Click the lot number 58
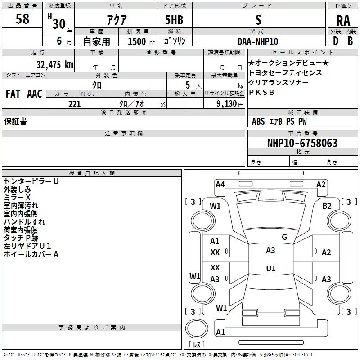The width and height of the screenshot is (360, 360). pyautogui.click(x=22, y=18)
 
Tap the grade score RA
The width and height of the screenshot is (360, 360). pyautogui.click(x=343, y=21)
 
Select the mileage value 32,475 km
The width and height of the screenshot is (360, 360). pyautogui.click(x=54, y=64)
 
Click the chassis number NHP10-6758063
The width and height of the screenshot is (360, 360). pyautogui.click(x=302, y=143)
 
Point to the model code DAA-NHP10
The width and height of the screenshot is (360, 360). pyautogui.click(x=258, y=41)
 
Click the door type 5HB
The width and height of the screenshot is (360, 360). pyautogui.click(x=174, y=20)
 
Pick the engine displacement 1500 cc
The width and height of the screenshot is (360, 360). pyautogui.click(x=141, y=41)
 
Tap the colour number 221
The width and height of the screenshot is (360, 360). pyautogui.click(x=74, y=104)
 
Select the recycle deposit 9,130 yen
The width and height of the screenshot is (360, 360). pyautogui.click(x=230, y=104)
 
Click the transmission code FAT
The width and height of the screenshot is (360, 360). pyautogui.click(x=13, y=94)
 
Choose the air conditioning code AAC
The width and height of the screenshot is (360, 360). pyautogui.click(x=35, y=94)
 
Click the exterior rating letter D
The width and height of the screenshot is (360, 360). pyautogui.click(x=336, y=41)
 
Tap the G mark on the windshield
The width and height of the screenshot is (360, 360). pyautogui.click(x=284, y=237)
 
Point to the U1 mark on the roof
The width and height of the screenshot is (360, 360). pyautogui.click(x=271, y=268)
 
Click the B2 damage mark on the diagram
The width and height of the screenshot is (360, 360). pyautogui.click(x=327, y=206)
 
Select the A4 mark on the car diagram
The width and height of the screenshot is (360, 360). pyautogui.click(x=220, y=184)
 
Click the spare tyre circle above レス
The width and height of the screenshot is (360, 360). pyautogui.click(x=197, y=328)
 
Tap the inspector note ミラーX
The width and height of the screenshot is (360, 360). pyautogui.click(x=17, y=198)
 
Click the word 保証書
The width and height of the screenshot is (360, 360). pyautogui.click(x=15, y=121)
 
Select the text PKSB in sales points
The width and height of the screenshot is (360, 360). pyautogui.click(x=261, y=92)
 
